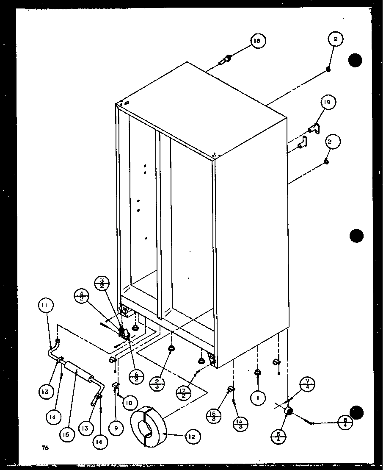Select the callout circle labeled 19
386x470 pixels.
pyautogui.click(x=328, y=102)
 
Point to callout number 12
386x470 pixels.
pyautogui.click(x=192, y=436)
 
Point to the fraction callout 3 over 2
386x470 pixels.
pyautogui.click(x=102, y=283)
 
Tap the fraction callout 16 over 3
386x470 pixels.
pyautogui.click(x=213, y=414)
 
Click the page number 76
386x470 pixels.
pyautogui.click(x=45, y=448)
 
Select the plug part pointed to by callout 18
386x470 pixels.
pyautogui.click(x=224, y=60)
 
